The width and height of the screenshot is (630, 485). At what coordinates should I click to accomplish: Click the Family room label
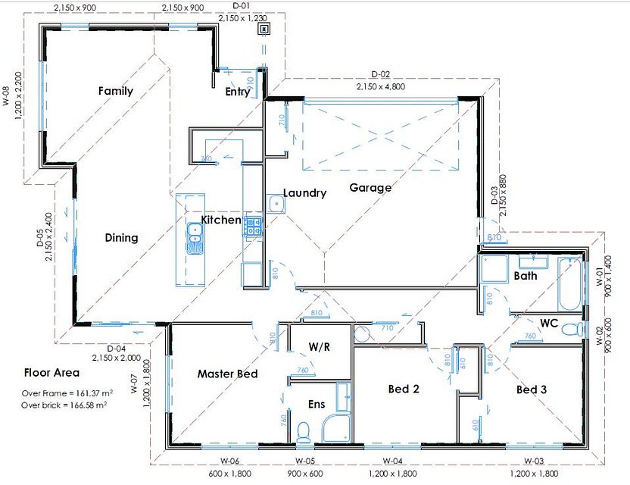click(116, 91)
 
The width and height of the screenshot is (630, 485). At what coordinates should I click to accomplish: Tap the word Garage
click(370, 188)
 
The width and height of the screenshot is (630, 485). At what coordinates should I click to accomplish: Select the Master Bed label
click(227, 374)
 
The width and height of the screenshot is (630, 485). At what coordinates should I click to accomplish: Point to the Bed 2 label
click(404, 390)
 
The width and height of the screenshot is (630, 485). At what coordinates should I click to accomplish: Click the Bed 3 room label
click(532, 390)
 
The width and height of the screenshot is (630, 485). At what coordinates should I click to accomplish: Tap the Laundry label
click(304, 193)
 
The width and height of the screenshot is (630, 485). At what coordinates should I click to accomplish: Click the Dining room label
click(121, 237)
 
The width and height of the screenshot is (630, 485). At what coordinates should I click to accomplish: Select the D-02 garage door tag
click(381, 74)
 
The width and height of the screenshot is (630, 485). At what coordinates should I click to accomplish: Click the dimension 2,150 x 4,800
click(381, 86)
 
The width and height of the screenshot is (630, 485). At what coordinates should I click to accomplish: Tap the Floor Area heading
click(51, 373)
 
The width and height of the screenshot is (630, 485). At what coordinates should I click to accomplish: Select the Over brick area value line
click(64, 405)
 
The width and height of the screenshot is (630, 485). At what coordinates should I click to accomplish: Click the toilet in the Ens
click(303, 431)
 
